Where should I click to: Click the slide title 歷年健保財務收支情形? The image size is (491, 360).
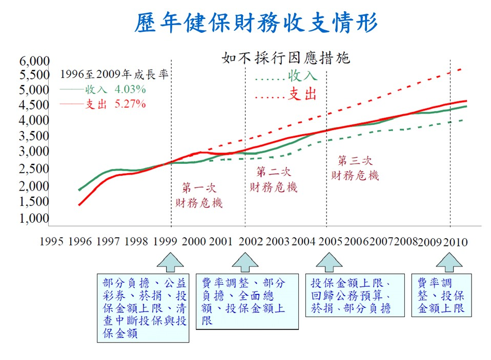[x=256, y=23]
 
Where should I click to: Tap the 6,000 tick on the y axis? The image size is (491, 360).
[x=35, y=61]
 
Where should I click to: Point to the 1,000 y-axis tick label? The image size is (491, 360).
[x=35, y=219]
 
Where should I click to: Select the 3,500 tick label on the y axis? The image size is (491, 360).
[x=35, y=136]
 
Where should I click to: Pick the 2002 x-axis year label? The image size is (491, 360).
[x=251, y=241]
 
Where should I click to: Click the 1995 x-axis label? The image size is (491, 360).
[x=51, y=241]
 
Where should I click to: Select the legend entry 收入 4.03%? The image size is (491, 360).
[x=103, y=89]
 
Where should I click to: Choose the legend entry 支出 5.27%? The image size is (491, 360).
[x=103, y=104]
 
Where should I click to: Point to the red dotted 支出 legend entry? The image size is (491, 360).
[x=286, y=95]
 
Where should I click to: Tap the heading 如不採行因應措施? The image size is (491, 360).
[x=285, y=58]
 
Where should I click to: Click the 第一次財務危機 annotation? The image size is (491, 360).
[x=199, y=195]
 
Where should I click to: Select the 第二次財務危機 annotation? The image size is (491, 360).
[x=273, y=179]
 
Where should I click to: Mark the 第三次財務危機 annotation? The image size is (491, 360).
[x=355, y=167]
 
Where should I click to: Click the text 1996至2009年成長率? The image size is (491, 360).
[x=114, y=74]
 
